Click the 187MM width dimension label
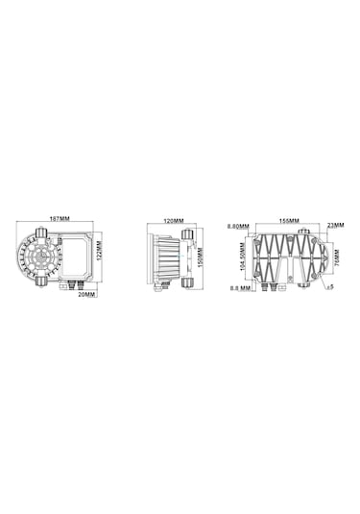tap(60, 218)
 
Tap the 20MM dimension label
tap(87, 295)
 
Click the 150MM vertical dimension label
tap(203, 257)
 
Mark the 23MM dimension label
tap(335, 225)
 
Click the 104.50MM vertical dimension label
tap(240, 256)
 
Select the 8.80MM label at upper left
tap(236, 227)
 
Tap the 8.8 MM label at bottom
tap(239, 287)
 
